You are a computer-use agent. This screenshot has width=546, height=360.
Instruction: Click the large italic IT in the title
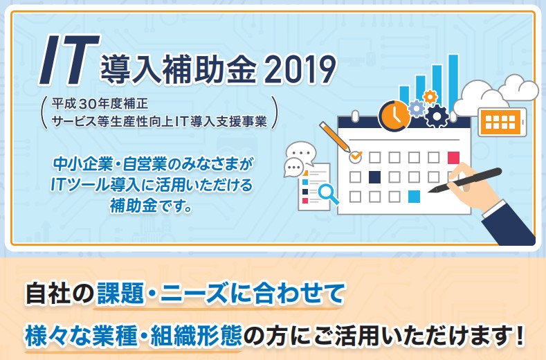coord(69,60)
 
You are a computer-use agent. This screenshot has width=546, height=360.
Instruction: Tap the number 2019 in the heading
coord(300,70)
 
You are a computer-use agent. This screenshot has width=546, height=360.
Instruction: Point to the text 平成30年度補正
coord(100,104)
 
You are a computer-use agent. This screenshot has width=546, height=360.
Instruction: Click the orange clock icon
coord(394,116)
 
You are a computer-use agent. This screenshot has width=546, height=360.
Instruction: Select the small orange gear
coord(430,96)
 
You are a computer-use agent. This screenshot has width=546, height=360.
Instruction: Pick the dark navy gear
coord(438,116)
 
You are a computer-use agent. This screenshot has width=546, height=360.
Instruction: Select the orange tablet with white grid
coord(502,122)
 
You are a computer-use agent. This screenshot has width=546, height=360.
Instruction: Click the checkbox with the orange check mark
coord(355,157)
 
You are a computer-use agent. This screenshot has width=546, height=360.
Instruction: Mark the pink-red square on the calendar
coord(453,158)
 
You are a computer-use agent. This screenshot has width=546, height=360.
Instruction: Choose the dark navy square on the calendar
coord(374,177)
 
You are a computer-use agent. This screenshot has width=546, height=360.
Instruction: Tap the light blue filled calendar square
coord(414,197)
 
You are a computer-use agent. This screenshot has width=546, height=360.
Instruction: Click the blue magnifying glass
coord(328,194)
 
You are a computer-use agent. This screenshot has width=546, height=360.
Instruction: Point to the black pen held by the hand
coord(464,180)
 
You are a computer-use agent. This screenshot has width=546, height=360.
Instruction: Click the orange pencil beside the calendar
coord(335,136)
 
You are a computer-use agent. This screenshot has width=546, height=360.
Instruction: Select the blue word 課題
coord(120,294)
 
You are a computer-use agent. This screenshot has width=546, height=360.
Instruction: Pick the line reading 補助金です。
coord(150,205)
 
